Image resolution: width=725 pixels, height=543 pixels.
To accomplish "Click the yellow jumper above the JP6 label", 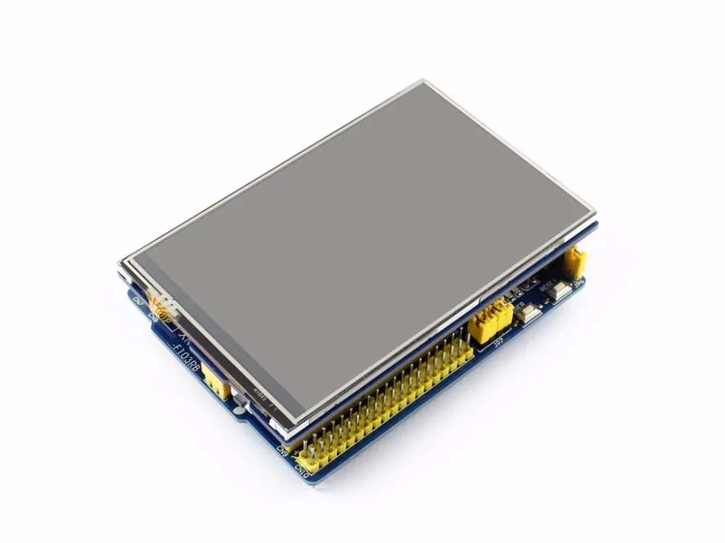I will [574, 263].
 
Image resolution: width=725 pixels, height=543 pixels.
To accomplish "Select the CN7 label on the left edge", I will [138, 300].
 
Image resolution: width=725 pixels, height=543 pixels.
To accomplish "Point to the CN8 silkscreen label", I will [153, 316].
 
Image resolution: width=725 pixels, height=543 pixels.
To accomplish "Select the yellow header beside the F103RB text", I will [217, 381].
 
